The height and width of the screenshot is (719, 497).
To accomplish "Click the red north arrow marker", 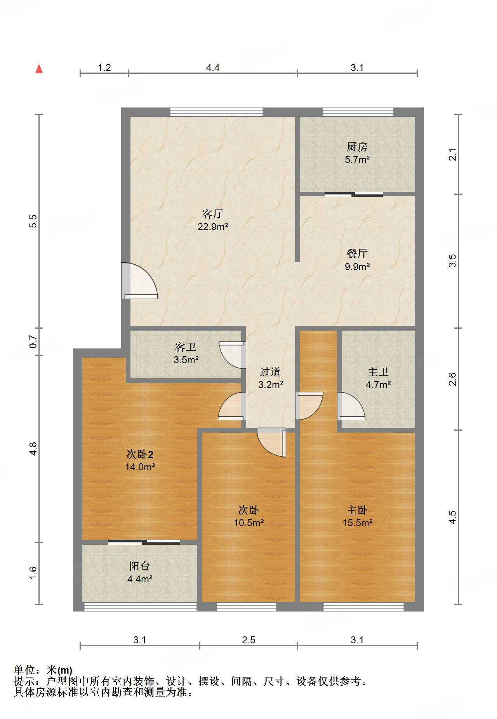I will tap(39, 69).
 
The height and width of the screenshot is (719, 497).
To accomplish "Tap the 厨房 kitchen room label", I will tap(357, 147).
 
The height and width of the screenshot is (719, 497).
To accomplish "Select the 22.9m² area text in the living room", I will tap(212, 227).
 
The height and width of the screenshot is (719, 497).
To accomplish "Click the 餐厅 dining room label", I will tap(357, 253).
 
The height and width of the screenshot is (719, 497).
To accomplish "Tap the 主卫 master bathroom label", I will tap(378, 372).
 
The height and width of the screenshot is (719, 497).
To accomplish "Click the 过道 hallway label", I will tap(270, 372).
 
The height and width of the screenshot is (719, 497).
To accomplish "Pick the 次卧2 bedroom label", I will tap(140, 454).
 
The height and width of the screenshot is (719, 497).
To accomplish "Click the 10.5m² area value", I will tap(248, 523).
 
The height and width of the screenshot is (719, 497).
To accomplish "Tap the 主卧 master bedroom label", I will tap(357, 510).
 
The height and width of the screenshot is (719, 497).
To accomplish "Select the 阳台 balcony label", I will tap(139, 566).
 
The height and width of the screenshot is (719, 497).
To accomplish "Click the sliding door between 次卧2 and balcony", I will tap(144, 542).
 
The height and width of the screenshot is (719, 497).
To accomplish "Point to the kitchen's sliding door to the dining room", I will tap(354, 194).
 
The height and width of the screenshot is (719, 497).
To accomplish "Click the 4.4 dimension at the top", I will tap(212, 68).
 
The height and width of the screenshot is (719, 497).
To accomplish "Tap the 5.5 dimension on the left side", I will tap(33, 221).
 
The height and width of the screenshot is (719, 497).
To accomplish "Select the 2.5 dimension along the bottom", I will tap(248, 640).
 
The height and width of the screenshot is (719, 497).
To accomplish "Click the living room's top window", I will tap(217, 112).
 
